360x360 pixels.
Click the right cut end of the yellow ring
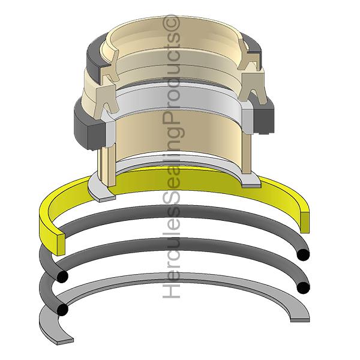[x=304, y=222]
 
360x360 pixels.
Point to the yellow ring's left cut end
[x=61, y=245]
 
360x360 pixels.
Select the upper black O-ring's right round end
[x=303, y=254]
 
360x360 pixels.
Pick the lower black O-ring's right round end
[x=303, y=287]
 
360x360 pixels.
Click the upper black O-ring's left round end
[x=62, y=276]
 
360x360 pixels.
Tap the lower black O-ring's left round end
[x=62, y=310]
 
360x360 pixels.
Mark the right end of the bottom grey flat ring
[x=300, y=320]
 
